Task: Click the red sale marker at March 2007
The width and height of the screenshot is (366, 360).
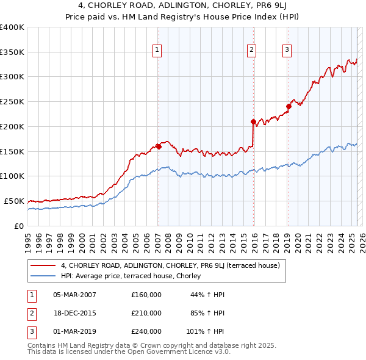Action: (x=158, y=146)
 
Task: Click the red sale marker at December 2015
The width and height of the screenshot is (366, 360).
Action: (x=253, y=121)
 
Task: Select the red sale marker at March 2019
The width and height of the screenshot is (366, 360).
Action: (x=289, y=106)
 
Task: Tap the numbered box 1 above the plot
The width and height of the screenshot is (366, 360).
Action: (x=157, y=50)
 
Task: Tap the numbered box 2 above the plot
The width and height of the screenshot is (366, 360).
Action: (x=251, y=50)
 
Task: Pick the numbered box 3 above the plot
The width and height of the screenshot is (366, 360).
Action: (x=287, y=50)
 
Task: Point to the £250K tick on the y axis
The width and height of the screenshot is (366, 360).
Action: (x=12, y=102)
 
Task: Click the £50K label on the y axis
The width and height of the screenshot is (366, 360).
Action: (x=14, y=201)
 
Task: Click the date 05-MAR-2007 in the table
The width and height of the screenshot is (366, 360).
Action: (x=74, y=295)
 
